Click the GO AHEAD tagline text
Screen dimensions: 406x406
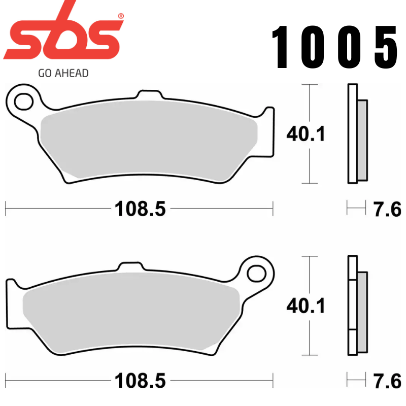click(63, 73)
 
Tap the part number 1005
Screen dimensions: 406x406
click(335, 48)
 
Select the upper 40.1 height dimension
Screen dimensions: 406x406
click(306, 134)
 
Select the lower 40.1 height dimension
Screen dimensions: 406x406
click(306, 306)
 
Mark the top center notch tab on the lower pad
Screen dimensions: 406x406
click(128, 267)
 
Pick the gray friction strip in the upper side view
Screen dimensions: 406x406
click(362, 140)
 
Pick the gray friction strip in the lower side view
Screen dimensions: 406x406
click(362, 312)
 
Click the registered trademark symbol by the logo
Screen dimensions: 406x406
click(120, 16)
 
